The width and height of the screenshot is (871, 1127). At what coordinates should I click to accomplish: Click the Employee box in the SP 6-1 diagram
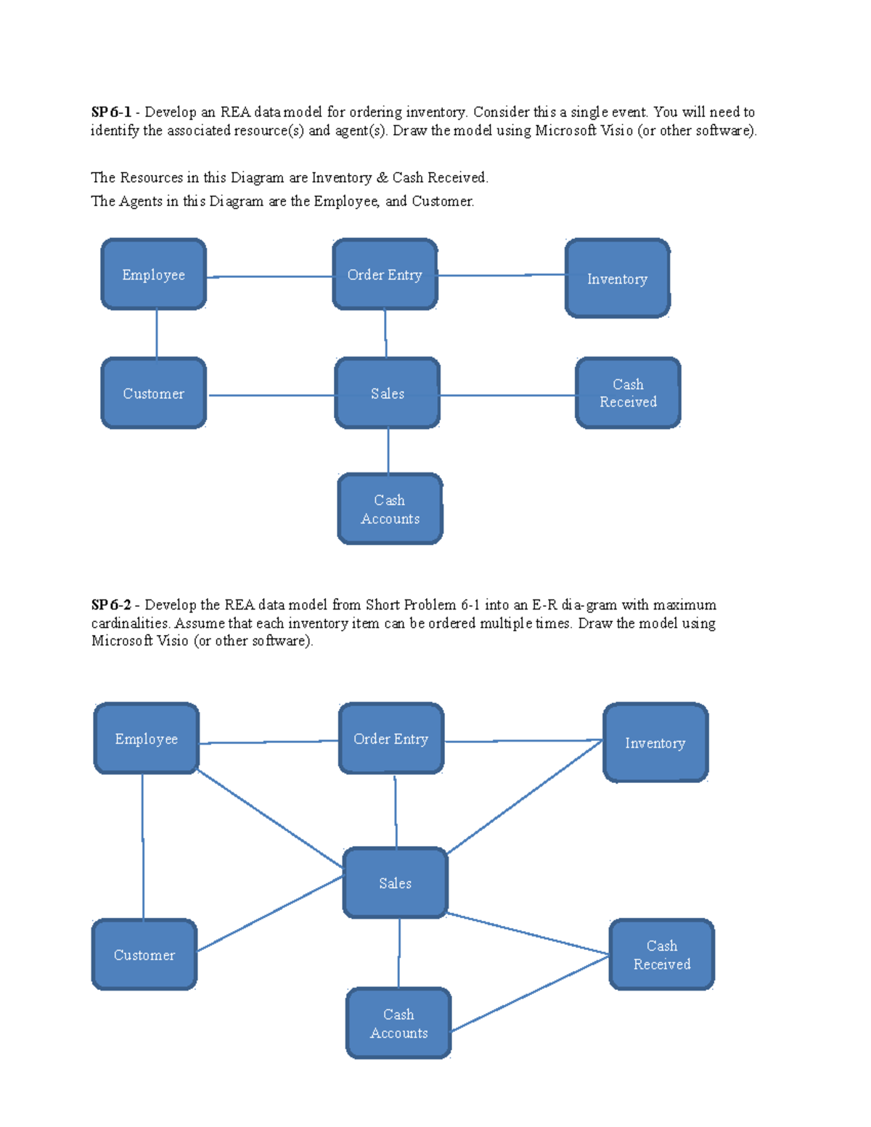(154, 274)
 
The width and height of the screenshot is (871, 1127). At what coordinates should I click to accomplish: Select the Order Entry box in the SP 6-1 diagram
(385, 274)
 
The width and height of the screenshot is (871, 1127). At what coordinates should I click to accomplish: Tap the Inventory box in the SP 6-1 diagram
(617, 279)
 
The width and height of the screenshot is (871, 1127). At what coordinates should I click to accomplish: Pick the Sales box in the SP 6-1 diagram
(388, 393)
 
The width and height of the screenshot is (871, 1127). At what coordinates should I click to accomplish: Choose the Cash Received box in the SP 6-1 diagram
(628, 393)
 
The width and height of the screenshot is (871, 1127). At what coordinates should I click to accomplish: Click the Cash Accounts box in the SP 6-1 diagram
(390, 509)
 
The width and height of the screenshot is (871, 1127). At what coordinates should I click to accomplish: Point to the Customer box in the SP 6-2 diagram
(144, 955)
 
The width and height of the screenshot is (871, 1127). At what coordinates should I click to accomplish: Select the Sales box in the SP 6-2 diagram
(396, 882)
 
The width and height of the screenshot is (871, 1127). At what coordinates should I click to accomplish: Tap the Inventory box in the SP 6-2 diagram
(655, 742)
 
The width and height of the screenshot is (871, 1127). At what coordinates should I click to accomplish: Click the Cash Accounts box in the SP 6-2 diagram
(398, 1023)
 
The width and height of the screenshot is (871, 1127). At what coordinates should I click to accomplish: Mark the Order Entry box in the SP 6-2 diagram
(391, 739)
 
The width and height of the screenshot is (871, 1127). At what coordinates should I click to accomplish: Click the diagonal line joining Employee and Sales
(270, 819)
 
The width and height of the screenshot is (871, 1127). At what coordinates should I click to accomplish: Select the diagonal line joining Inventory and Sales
(524, 797)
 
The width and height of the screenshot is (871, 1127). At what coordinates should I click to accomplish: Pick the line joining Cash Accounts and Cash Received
(530, 993)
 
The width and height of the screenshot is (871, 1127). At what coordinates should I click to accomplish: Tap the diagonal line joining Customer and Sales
(270, 914)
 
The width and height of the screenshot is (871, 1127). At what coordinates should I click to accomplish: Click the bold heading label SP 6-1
(111, 112)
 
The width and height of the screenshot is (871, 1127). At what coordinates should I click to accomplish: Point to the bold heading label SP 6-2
(111, 605)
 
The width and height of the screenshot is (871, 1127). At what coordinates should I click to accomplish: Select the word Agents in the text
(141, 202)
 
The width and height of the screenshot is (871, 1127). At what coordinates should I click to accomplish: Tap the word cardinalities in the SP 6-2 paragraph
(130, 623)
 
